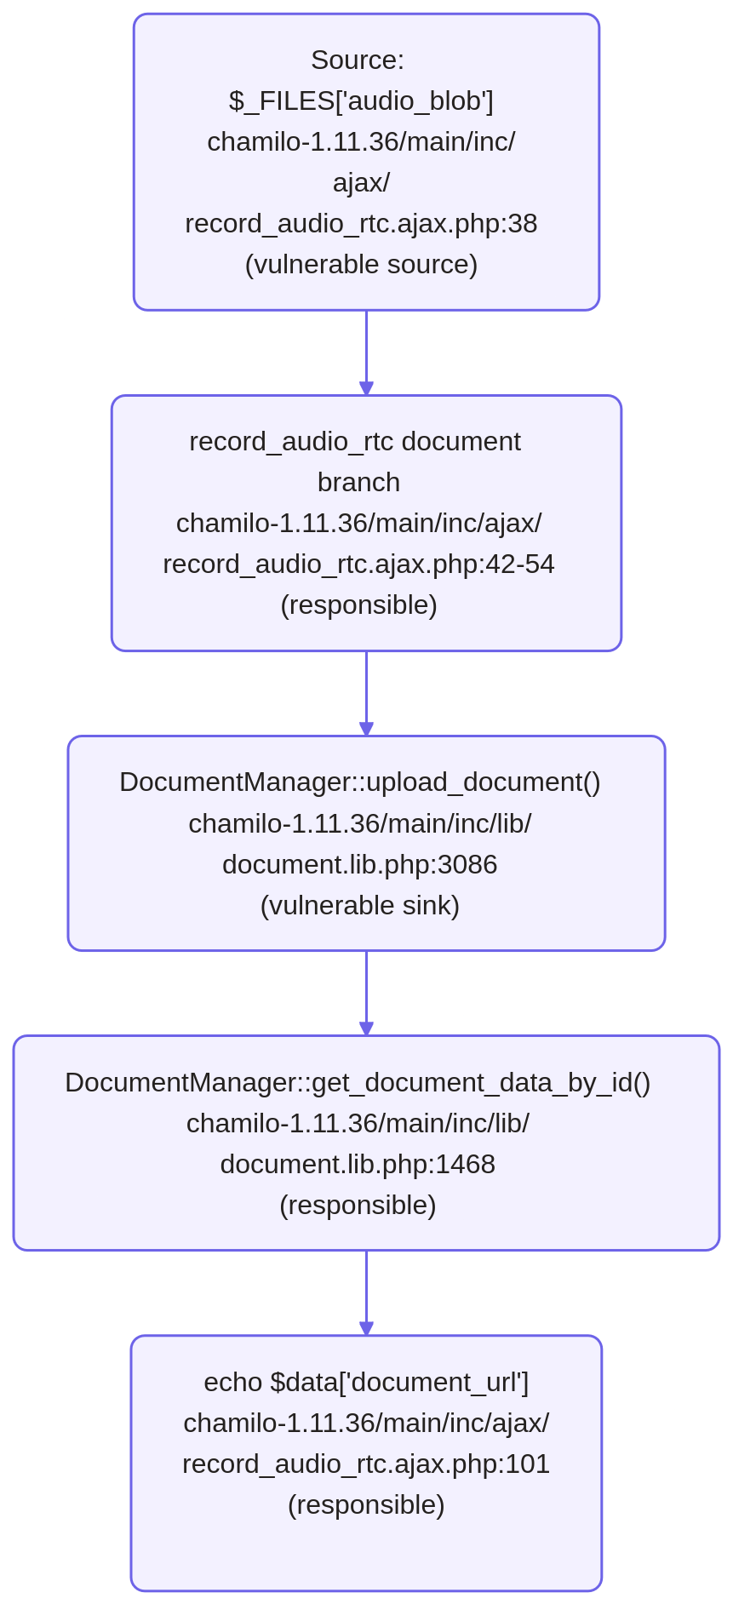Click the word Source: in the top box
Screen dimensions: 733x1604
point(358,60)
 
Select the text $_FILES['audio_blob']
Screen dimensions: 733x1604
point(361,101)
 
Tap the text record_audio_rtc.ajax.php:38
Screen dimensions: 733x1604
point(361,224)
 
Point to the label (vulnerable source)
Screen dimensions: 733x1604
point(361,265)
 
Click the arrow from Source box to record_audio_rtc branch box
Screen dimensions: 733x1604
point(366,352)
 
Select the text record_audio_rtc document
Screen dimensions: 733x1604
point(355,442)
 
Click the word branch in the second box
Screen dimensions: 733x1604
point(358,483)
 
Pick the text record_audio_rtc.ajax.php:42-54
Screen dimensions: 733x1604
point(358,564)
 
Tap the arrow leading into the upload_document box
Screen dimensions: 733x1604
point(366,693)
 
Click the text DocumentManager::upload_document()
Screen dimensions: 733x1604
point(360,782)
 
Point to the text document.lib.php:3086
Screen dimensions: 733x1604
point(360,865)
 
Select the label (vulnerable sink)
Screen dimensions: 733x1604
point(360,906)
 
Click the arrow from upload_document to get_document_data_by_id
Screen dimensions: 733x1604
point(366,993)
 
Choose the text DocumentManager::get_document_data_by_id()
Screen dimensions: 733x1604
point(358,1083)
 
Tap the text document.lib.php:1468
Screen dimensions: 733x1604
point(358,1165)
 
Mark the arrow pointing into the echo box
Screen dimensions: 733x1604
point(366,1292)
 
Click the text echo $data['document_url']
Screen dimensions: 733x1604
point(366,1383)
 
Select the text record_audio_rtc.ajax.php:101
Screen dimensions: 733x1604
point(366,1464)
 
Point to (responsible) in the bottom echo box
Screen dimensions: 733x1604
point(366,1505)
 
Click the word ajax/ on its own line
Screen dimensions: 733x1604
point(361,183)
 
